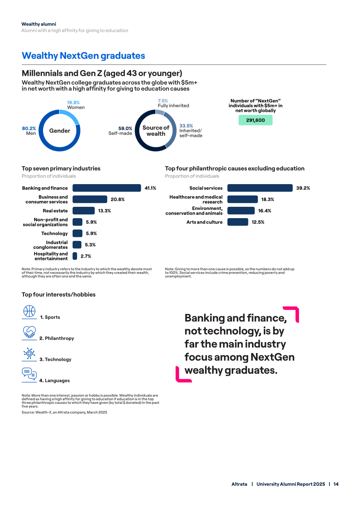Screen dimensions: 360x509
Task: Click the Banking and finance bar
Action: click(x=107, y=188)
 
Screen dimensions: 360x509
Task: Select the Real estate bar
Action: click(x=83, y=211)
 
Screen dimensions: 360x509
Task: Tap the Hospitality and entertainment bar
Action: click(x=75, y=256)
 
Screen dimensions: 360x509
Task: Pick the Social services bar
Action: click(x=260, y=188)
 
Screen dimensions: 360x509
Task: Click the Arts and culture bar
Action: click(x=238, y=222)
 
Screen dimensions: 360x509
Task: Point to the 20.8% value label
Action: click(x=117, y=199)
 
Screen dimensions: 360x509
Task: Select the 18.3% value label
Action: click(x=267, y=199)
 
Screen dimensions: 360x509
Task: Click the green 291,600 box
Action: click(x=256, y=120)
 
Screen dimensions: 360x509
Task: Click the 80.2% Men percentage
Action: click(x=29, y=128)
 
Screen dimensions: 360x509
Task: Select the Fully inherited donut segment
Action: click(x=160, y=112)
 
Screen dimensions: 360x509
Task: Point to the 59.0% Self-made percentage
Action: click(x=125, y=128)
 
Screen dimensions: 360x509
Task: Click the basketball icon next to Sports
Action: click(x=29, y=311)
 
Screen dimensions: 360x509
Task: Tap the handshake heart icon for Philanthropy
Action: click(x=29, y=332)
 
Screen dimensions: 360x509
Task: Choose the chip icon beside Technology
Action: click(x=29, y=353)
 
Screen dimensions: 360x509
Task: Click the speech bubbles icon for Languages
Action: click(x=29, y=374)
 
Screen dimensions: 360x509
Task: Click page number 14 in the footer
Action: click(x=336, y=484)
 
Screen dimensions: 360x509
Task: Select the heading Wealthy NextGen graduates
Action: click(x=83, y=56)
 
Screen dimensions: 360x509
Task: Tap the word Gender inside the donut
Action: click(x=59, y=131)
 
